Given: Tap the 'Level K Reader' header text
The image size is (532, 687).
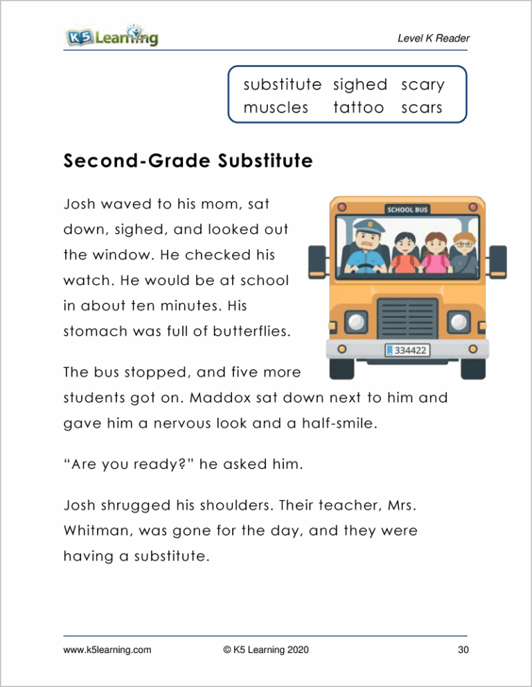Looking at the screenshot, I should point(432,39).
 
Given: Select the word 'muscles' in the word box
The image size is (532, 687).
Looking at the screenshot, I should point(276,108).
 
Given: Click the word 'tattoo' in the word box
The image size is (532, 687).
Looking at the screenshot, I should point(358,108).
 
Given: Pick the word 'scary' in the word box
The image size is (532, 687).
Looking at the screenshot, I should point(423,85).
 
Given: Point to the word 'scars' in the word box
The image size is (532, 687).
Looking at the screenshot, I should point(421,108).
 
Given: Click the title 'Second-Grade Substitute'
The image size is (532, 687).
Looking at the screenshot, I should point(187,162).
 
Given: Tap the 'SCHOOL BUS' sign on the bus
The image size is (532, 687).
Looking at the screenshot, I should point(407,210).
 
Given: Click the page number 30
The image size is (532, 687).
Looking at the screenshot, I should point(463,650).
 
